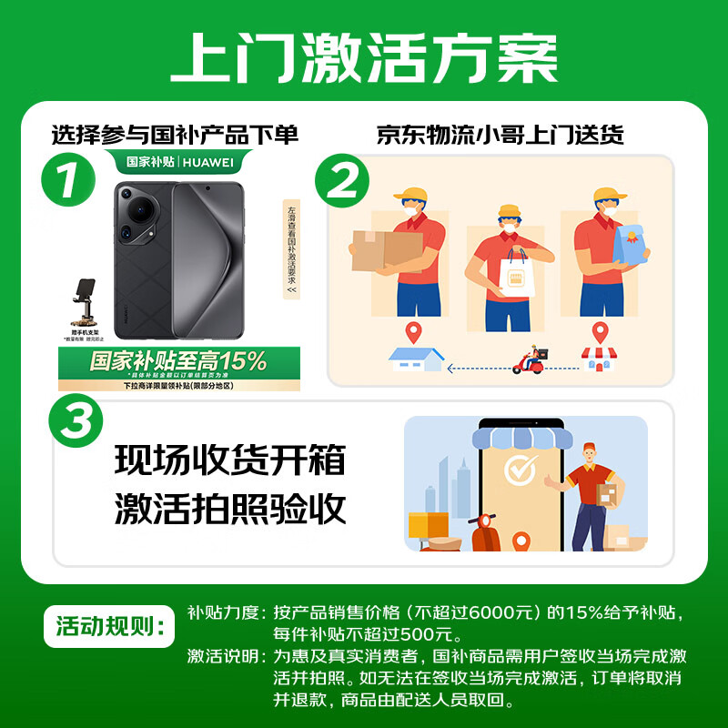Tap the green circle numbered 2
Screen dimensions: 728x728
click(x=342, y=182)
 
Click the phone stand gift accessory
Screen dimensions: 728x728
click(x=85, y=305)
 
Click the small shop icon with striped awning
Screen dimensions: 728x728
click(x=598, y=359)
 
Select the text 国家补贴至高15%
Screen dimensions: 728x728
click(x=178, y=361)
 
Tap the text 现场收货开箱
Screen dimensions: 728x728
click(x=229, y=460)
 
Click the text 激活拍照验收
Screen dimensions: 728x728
click(x=229, y=509)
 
